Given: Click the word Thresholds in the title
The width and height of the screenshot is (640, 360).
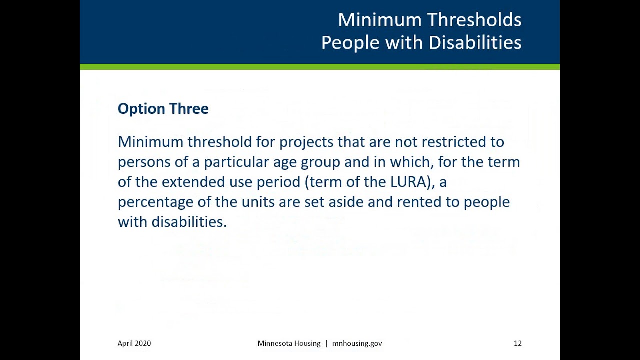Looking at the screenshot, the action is tap(475, 20).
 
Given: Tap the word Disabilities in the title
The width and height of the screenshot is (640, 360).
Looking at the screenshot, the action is tap(475, 43).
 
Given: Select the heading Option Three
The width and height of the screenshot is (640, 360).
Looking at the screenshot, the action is tap(163, 109).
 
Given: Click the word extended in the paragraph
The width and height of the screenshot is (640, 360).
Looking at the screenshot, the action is tap(193, 182).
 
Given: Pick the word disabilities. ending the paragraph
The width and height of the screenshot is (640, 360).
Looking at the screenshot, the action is tap(189, 222).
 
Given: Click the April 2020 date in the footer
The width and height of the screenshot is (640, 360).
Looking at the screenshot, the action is tap(134, 343).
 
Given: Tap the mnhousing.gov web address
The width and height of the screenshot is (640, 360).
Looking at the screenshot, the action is tap(357, 343).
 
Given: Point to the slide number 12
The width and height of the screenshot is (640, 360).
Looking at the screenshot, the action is tap(517, 343).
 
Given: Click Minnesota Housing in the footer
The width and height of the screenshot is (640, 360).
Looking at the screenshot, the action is tap(289, 343).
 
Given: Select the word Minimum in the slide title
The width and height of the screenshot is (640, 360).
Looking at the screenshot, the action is tap(380, 20).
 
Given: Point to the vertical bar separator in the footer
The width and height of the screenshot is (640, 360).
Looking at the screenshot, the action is tap(326, 343).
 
